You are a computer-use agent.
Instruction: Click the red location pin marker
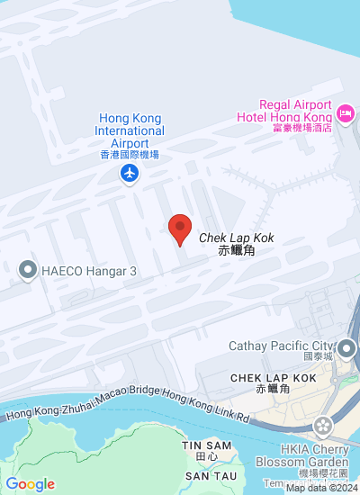pyautogui.click(x=180, y=229)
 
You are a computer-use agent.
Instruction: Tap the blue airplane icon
pyautogui.click(x=131, y=172)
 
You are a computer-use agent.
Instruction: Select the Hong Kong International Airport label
pyautogui.click(x=131, y=130)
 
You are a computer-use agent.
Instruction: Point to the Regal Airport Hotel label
pyautogui.click(x=283, y=111)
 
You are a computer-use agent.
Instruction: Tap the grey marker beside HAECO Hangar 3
pyautogui.click(x=27, y=269)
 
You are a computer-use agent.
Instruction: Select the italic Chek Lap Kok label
pyautogui.click(x=236, y=238)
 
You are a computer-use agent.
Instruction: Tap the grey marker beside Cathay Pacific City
pyautogui.click(x=346, y=347)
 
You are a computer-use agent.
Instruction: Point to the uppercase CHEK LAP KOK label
pyautogui.click(x=273, y=378)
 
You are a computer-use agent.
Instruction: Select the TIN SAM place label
pyautogui.click(x=200, y=445)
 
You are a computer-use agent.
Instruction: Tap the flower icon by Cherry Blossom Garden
pyautogui.click(x=321, y=425)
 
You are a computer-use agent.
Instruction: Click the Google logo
pyautogui.click(x=29, y=484)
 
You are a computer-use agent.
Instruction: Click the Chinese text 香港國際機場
pyautogui.click(x=130, y=155)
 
